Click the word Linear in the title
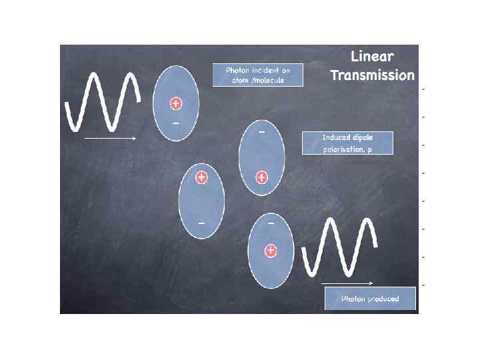(372, 57)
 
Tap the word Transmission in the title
(372, 75)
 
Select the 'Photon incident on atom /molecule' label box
(257, 75)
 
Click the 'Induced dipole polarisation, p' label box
(347, 143)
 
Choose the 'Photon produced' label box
(370, 299)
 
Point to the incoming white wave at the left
(103, 100)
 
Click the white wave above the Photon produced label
(339, 247)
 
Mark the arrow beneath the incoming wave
(110, 139)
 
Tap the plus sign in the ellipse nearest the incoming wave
(175, 104)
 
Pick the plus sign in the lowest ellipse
(271, 251)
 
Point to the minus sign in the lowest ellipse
(271, 223)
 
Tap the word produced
(383, 299)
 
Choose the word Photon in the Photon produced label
(353, 299)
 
